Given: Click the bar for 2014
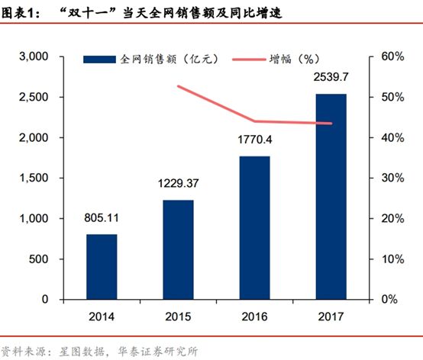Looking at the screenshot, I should [x=102, y=267].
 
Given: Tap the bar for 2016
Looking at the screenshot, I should [x=255, y=228].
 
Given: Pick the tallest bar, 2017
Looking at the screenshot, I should [x=331, y=197].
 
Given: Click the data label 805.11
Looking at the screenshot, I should [x=102, y=219].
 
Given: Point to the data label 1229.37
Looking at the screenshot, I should [x=177, y=185].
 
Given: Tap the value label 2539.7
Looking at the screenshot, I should [x=331, y=79].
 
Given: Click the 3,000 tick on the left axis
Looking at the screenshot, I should [x=33, y=57].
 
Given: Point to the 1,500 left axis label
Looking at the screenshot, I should [x=33, y=178].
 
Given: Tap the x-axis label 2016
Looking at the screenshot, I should [x=255, y=315].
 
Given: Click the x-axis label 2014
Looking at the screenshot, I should [x=102, y=315].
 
